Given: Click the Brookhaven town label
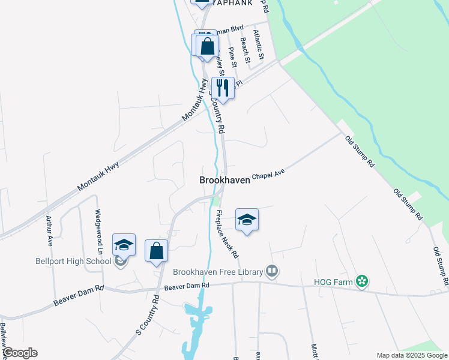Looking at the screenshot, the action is point(224,179).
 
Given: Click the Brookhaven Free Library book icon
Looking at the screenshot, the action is point(273,272).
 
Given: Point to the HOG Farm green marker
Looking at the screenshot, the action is point(361,281).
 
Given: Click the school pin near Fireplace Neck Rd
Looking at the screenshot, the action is point(247,221).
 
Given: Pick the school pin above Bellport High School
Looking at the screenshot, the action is point(124,245).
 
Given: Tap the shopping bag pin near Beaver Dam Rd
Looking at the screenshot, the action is point(156,251).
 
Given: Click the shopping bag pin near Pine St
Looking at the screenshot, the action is point(207,47).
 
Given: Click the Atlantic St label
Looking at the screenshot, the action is point(259,44).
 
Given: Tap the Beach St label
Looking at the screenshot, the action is point(244,50).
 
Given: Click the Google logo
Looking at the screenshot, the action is point(19,353).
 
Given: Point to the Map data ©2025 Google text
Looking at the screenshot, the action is point(412,355).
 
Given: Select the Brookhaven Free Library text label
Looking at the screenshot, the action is point(218,272).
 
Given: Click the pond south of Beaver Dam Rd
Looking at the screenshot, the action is point(199,311).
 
